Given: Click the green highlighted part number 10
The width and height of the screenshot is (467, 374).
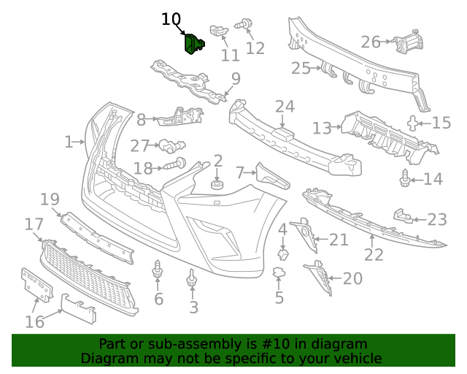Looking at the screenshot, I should click(x=193, y=43).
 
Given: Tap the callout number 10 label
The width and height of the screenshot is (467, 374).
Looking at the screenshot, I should click(x=171, y=19).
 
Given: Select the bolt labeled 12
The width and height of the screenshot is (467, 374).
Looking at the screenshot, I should click(x=242, y=25).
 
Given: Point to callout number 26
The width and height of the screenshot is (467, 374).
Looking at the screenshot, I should click(x=371, y=42).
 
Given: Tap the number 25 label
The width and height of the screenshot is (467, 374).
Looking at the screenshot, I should click(x=301, y=69).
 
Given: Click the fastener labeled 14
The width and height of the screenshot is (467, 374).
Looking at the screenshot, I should click(x=405, y=178).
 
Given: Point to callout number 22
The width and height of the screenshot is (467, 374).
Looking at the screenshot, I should click(x=374, y=255).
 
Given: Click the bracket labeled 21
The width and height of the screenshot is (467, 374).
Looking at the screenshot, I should click(x=303, y=232).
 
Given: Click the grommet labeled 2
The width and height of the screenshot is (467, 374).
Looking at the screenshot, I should click(x=217, y=185).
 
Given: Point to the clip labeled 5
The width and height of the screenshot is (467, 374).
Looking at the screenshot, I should click(x=278, y=274).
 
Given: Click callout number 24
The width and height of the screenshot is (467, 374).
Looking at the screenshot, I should click(x=285, y=107).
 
